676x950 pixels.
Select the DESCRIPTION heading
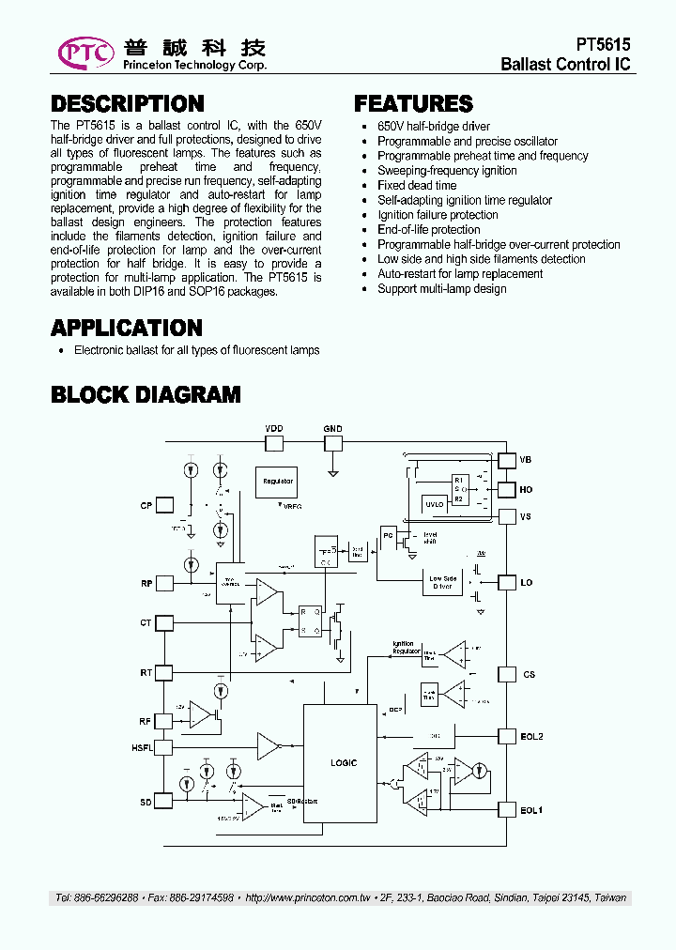(127, 104)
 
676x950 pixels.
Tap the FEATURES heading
(413, 104)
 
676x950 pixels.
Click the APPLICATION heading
(127, 328)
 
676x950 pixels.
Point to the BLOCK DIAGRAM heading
(146, 394)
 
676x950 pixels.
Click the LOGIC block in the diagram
(344, 762)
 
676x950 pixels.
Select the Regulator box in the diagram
(278, 482)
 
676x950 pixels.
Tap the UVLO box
(435, 504)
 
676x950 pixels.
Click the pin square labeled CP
(164, 506)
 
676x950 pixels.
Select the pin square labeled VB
(507, 460)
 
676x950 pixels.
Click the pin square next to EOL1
(507, 809)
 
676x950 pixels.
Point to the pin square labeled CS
(507, 674)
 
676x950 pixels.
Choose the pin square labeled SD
(164, 801)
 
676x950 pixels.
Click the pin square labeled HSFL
(164, 747)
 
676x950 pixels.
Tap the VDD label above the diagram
(273, 429)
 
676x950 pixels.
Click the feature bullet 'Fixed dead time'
(417, 185)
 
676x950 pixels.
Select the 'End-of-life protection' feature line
(428, 229)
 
